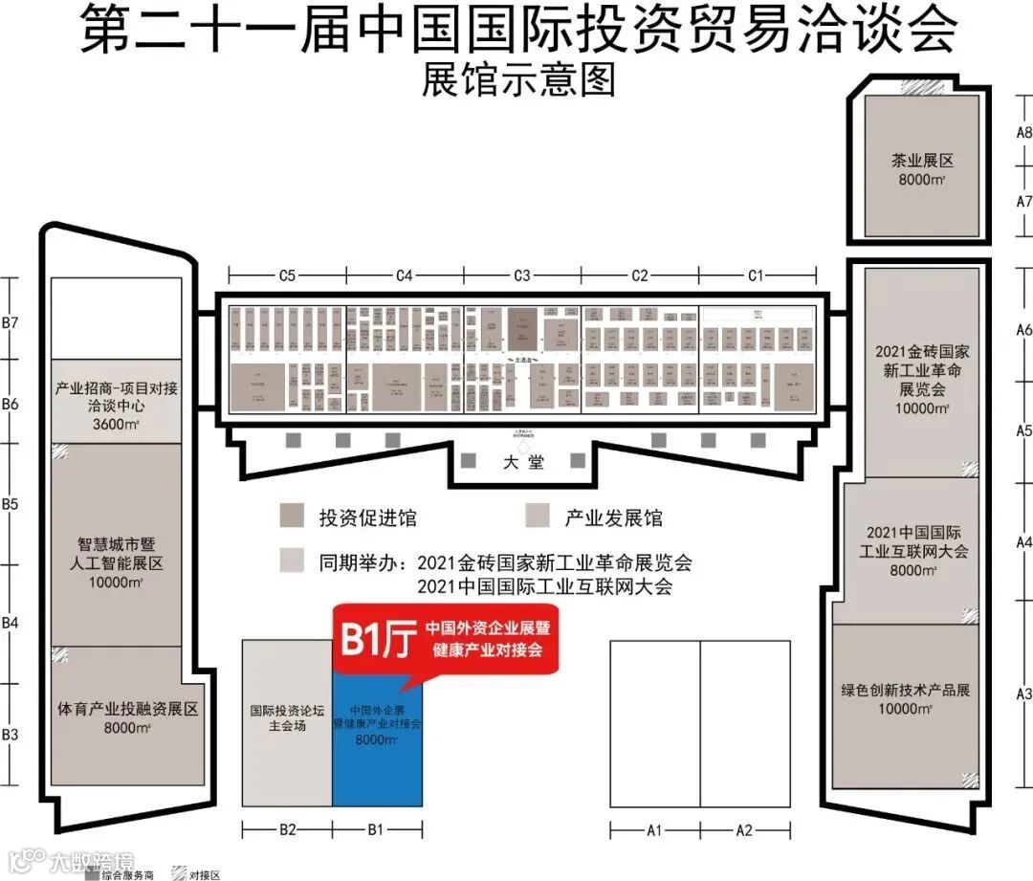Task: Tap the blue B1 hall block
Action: tap(377, 756)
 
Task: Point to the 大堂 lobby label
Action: tap(523, 462)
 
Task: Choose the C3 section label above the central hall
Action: tap(521, 275)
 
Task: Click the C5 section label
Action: tap(286, 275)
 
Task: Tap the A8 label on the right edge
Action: tap(1023, 132)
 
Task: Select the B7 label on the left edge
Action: tap(10, 322)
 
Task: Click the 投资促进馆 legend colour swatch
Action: tap(292, 518)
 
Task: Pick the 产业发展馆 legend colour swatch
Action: tap(538, 518)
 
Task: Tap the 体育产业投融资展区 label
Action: tap(127, 717)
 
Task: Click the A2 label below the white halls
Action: tap(744, 830)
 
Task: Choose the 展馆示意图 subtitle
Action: tap(517, 79)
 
